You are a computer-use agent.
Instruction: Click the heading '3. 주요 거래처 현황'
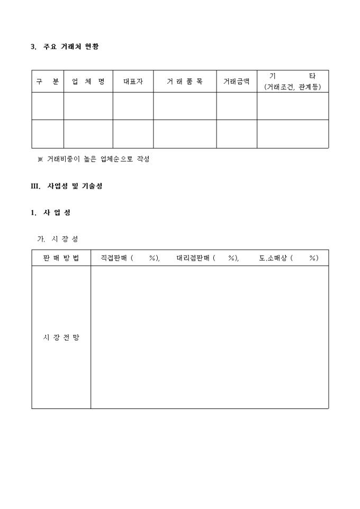click(65, 47)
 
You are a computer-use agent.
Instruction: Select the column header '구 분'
click(48, 81)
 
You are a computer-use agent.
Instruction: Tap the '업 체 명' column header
click(88, 81)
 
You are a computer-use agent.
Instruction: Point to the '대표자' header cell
click(133, 81)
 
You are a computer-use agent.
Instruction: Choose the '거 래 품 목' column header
click(185, 81)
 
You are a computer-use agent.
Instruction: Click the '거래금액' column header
click(236, 81)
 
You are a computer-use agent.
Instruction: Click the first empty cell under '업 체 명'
click(88, 106)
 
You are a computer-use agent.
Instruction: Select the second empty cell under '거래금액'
click(236, 134)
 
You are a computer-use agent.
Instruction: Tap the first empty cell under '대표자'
click(133, 106)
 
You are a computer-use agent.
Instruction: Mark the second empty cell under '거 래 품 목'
click(185, 134)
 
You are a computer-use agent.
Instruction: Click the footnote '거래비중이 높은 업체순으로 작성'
click(98, 159)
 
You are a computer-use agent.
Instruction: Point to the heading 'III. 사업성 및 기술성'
click(67, 186)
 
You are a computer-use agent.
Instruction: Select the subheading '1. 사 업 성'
click(51, 213)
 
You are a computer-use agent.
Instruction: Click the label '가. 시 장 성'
click(58, 239)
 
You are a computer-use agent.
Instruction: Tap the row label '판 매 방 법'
click(61, 258)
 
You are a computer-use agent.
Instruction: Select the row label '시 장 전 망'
click(61, 337)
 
